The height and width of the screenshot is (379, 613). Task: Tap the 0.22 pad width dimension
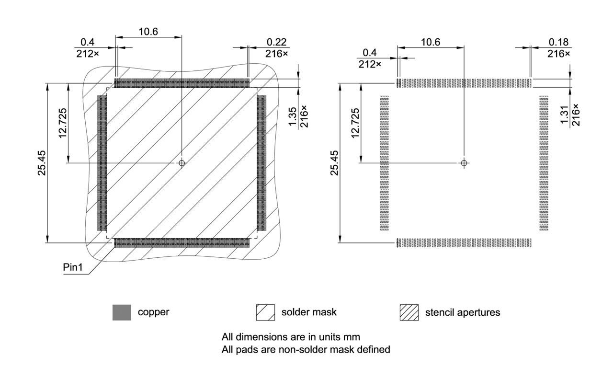pyautogui.click(x=277, y=42)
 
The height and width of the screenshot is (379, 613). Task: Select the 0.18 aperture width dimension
pyautogui.click(x=559, y=42)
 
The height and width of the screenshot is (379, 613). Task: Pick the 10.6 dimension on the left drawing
pyautogui.click(x=148, y=32)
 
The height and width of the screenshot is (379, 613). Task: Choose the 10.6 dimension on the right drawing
pyautogui.click(x=430, y=42)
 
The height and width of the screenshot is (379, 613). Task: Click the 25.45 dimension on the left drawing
pyautogui.click(x=43, y=163)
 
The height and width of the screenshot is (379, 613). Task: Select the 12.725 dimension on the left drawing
pyautogui.click(x=63, y=123)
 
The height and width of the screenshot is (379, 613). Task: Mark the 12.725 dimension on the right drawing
pyautogui.click(x=355, y=123)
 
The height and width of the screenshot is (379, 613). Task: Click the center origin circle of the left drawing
pyautogui.click(x=182, y=163)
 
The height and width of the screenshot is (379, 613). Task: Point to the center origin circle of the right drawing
pyautogui.click(x=463, y=163)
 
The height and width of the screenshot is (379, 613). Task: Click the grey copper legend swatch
pyautogui.click(x=122, y=312)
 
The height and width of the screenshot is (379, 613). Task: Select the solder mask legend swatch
pyautogui.click(x=265, y=312)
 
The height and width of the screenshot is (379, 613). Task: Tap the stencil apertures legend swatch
pyautogui.click(x=409, y=312)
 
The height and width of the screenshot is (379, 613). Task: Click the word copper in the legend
pyautogui.click(x=153, y=312)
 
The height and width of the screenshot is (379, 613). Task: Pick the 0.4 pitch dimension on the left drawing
pyautogui.click(x=87, y=47)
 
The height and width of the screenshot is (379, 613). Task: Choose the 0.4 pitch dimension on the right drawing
pyautogui.click(x=369, y=57)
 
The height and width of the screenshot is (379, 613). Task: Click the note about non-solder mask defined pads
pyautogui.click(x=306, y=350)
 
